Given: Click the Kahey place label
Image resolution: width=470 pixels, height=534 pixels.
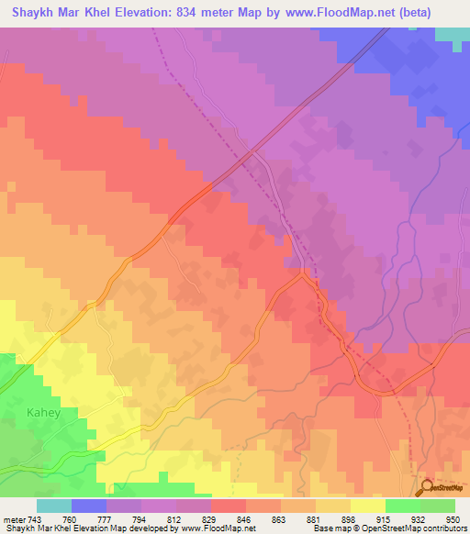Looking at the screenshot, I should pos(43,412).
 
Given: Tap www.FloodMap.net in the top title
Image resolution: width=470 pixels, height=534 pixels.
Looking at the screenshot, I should pos(346,13).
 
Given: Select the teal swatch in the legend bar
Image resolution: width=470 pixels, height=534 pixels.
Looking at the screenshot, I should pos(54,506).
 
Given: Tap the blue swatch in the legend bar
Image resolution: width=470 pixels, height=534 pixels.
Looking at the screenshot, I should pos(89,506).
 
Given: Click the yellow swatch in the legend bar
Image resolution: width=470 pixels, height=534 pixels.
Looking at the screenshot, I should pos(367,506).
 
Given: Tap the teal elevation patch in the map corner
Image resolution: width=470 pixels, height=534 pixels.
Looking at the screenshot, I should pos(451,34).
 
